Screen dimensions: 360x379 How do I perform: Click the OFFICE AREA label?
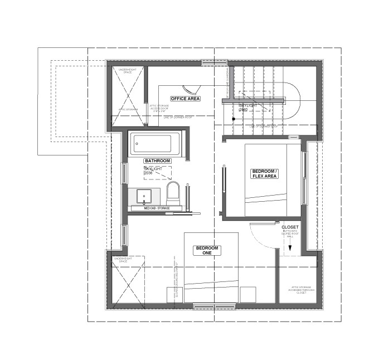(x=186, y=99)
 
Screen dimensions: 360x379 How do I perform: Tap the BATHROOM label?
(x=157, y=160)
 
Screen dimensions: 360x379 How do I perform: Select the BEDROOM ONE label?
(x=207, y=250)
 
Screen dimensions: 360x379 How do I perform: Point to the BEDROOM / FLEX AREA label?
(x=264, y=174)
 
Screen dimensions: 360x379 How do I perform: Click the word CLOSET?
(x=290, y=227)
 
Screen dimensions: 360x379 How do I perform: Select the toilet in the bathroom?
(x=173, y=193)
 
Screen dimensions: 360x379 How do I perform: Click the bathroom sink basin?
(x=144, y=196)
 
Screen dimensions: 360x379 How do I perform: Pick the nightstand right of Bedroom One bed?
(x=248, y=294)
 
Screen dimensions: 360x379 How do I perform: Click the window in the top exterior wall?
(x=215, y=63)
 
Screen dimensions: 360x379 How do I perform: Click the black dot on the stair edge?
(x=234, y=119)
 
